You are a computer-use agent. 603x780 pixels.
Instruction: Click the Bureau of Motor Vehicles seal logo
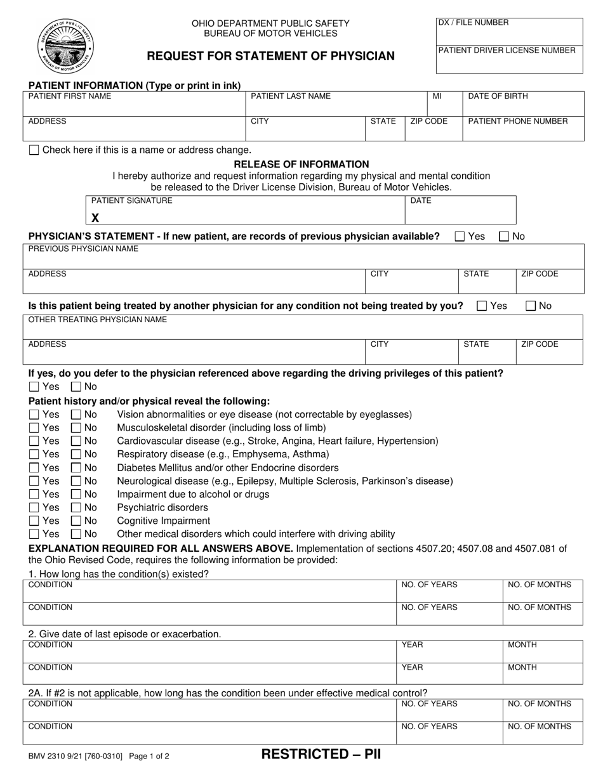[x=65, y=46]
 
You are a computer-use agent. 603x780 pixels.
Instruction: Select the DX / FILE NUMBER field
[x=509, y=31]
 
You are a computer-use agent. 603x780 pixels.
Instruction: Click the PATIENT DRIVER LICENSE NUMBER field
[x=509, y=60]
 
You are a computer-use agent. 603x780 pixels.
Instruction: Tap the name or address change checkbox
[x=34, y=150]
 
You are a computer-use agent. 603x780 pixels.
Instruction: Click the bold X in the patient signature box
[x=95, y=218]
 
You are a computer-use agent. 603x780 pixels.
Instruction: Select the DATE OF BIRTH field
[x=523, y=103]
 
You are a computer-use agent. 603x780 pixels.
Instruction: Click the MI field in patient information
[x=445, y=103]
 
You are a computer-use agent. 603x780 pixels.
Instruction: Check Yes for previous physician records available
[x=460, y=237]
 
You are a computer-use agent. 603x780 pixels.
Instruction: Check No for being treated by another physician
[x=531, y=306]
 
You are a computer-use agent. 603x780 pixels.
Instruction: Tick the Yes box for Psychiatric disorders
[x=34, y=508]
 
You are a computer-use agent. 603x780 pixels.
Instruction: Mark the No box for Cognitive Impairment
[x=76, y=521]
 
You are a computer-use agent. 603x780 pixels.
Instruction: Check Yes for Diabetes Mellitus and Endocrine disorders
[x=34, y=468]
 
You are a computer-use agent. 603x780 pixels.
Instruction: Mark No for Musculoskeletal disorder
[x=76, y=428]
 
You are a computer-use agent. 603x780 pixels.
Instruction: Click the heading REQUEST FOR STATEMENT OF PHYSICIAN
[x=270, y=56]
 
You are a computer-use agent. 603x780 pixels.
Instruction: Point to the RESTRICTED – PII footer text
[x=321, y=755]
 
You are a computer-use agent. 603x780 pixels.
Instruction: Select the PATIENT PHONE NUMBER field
[x=523, y=127]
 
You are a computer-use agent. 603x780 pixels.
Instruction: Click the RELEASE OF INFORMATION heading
[x=301, y=164]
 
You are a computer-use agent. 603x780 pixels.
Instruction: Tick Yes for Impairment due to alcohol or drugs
[x=34, y=495]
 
